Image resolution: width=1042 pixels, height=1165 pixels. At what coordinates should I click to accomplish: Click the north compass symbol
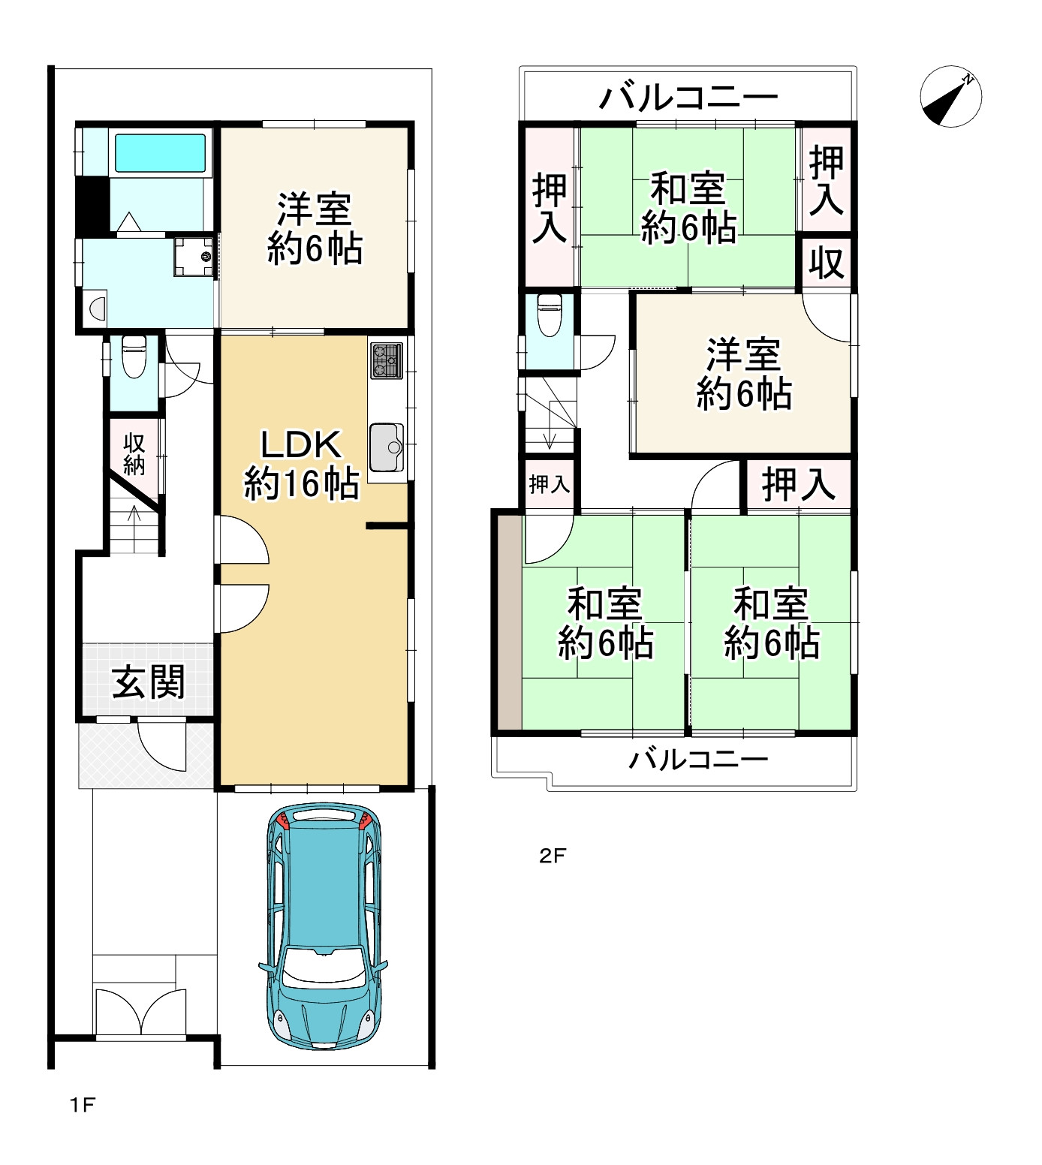click(x=950, y=96)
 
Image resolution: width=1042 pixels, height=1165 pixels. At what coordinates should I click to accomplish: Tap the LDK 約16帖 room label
click(x=302, y=464)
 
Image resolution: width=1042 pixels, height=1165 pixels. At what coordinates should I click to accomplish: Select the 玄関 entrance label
click(x=148, y=682)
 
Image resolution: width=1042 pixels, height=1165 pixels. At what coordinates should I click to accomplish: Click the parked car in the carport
click(x=324, y=926)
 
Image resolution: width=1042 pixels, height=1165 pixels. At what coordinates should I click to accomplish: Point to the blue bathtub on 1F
click(x=160, y=153)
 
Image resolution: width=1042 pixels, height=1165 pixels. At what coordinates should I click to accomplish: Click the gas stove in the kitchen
click(x=386, y=360)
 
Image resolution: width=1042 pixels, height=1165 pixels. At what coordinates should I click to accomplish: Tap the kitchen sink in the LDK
click(x=387, y=447)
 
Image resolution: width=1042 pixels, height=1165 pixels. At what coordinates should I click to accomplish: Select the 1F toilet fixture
click(x=134, y=357)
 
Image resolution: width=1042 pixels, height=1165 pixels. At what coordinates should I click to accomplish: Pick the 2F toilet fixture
click(x=550, y=315)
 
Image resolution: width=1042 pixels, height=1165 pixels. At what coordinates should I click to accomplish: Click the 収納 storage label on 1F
click(x=134, y=454)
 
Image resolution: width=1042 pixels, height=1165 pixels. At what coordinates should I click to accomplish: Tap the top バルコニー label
click(x=688, y=97)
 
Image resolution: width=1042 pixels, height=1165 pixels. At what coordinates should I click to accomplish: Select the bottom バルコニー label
click(x=698, y=760)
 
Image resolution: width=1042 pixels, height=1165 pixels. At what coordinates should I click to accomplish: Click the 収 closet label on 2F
click(x=827, y=263)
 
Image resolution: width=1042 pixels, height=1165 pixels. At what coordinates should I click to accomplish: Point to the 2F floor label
click(x=552, y=856)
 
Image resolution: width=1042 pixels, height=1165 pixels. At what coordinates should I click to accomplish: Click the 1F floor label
click(x=83, y=1105)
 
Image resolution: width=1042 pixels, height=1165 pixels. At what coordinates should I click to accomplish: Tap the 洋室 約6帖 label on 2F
click(x=744, y=375)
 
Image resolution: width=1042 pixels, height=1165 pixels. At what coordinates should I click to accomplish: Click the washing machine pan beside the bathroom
click(x=194, y=257)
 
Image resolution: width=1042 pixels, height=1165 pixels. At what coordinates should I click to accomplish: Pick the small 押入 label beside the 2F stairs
click(x=549, y=484)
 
